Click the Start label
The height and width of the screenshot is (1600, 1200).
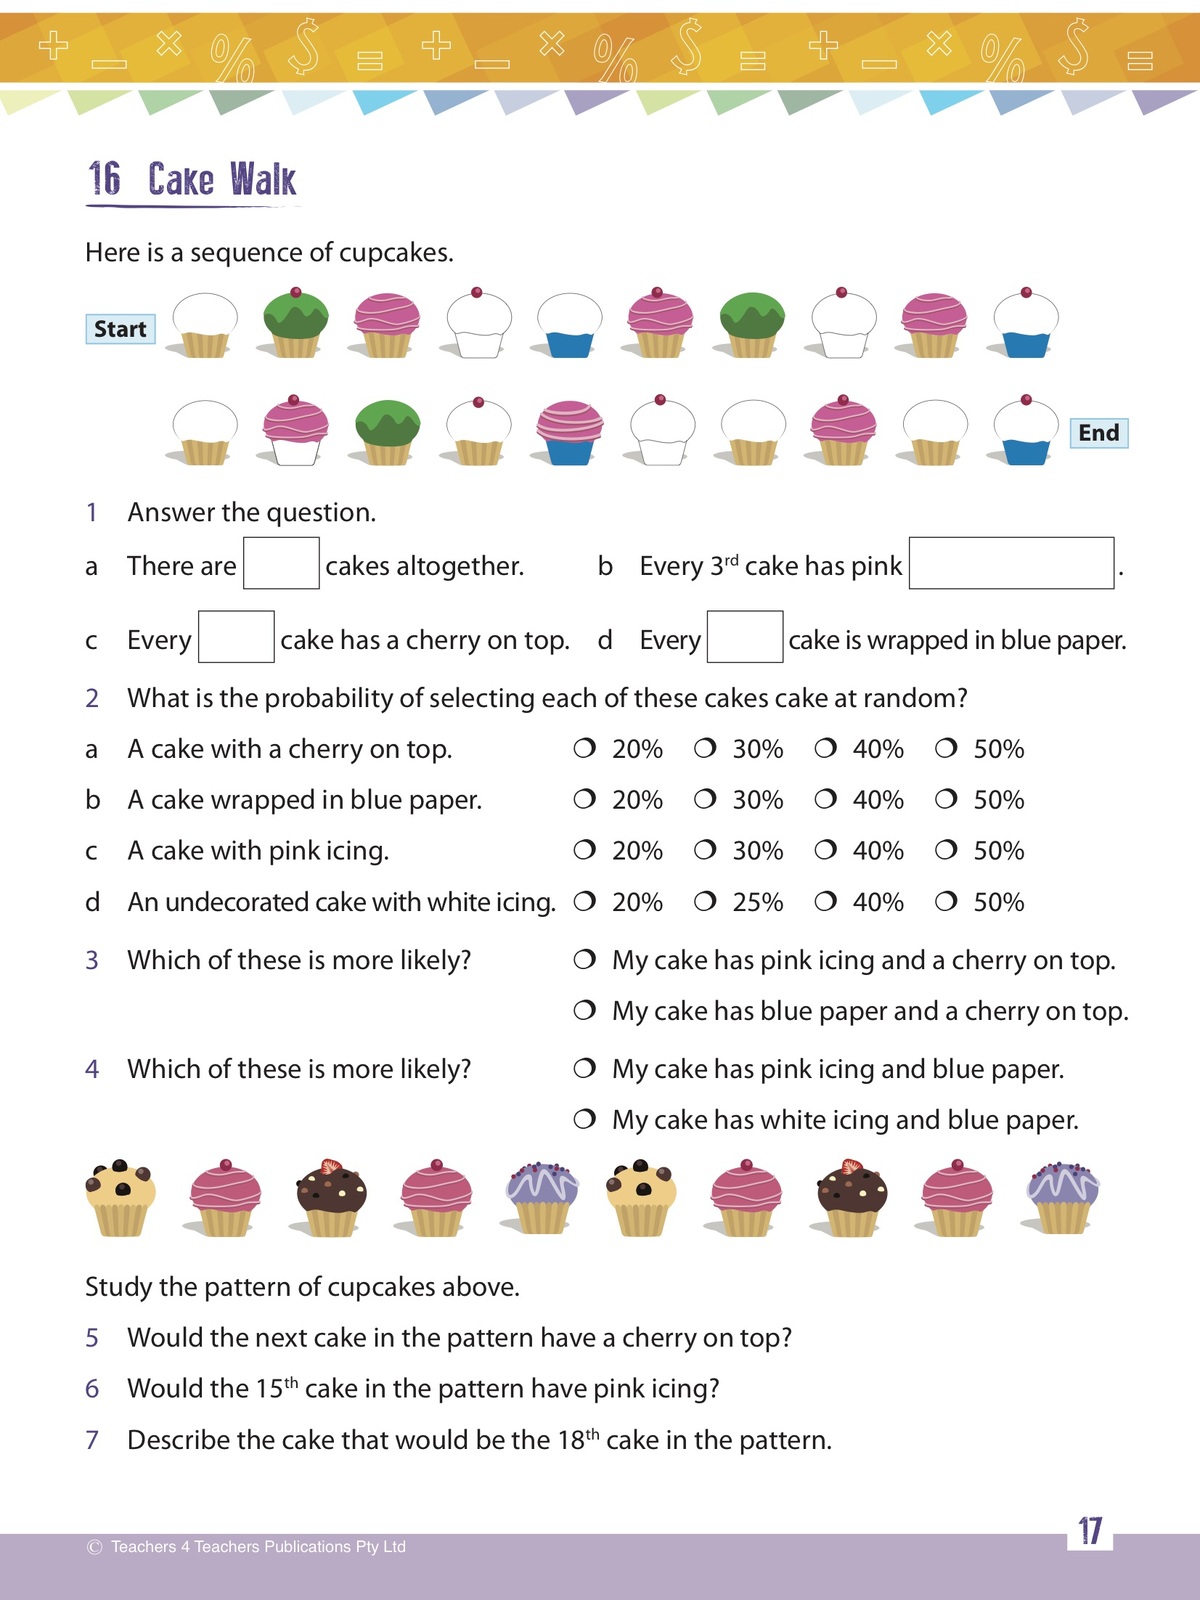120,329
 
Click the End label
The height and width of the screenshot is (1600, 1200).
1098,433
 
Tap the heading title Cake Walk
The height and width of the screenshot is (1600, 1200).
221,180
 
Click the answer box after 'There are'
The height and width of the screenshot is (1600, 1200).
281,563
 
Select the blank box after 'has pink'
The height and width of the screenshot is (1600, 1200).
1011,563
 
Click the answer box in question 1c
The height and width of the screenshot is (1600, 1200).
236,637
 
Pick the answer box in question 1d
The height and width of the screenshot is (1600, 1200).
744,637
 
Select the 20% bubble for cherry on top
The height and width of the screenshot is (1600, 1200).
584,748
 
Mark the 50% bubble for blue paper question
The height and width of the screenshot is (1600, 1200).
946,799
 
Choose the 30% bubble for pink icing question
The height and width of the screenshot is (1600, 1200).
705,850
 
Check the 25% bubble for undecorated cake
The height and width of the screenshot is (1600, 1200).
705,901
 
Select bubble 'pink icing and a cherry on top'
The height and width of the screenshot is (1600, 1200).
584,960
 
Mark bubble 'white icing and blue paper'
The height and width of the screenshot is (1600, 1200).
584,1119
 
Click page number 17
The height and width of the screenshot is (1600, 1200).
1089,1531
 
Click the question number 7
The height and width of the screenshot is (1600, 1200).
92,1440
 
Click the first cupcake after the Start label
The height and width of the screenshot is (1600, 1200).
204,325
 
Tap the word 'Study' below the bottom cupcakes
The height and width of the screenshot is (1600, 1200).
119,1287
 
